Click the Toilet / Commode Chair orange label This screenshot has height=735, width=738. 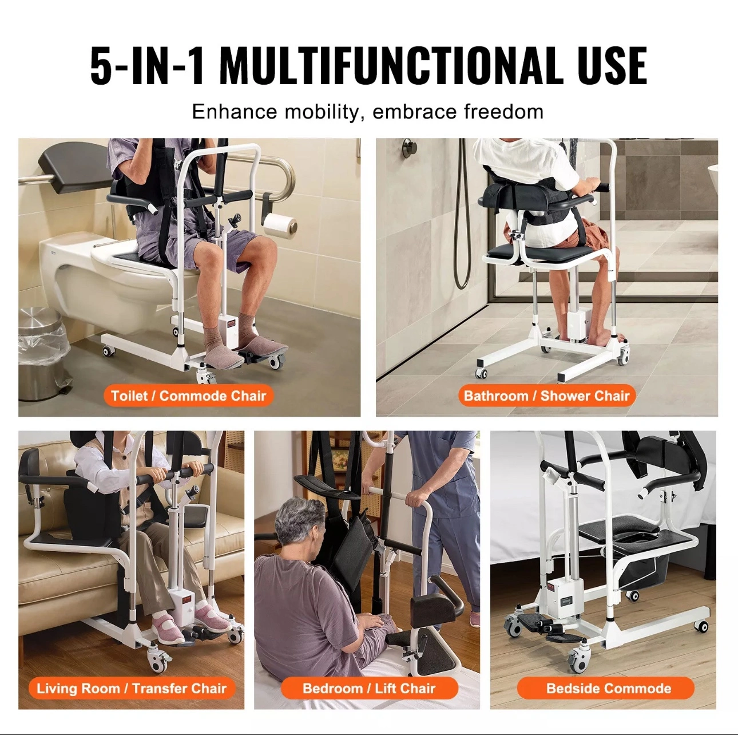click(x=188, y=396)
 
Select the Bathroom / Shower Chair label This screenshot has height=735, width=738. click(x=546, y=396)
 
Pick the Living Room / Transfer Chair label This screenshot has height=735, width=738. click(x=132, y=688)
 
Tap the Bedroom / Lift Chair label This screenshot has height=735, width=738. click(x=369, y=688)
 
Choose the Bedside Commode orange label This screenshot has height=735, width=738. click(x=609, y=688)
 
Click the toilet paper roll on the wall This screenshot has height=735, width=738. click(x=280, y=226)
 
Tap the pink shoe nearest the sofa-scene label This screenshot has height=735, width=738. click(x=168, y=630)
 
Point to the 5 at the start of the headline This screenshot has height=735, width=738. click(x=101, y=65)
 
